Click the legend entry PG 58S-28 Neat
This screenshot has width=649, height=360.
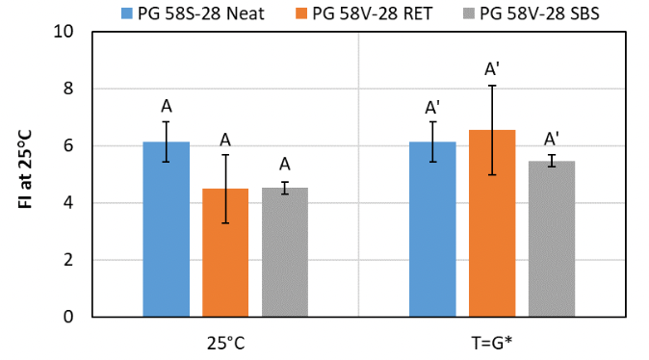189,13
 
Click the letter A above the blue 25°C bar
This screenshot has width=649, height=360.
167,106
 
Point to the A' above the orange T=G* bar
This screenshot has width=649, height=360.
492,69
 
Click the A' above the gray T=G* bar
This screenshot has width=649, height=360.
552,139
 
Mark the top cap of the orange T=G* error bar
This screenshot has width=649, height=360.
492,86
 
